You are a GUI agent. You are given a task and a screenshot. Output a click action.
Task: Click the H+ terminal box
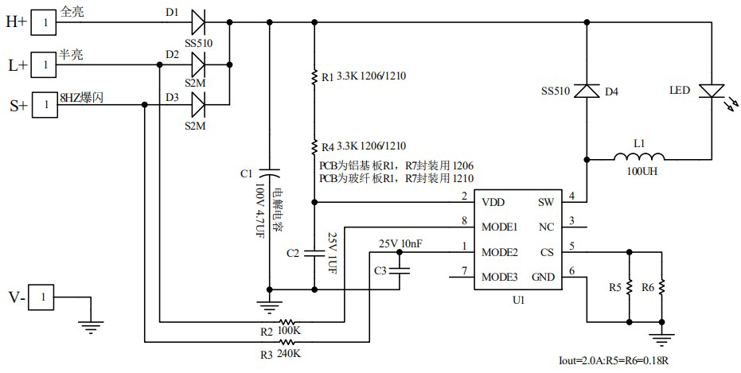pos(45,22)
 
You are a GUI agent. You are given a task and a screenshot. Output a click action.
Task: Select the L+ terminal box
pos(45,64)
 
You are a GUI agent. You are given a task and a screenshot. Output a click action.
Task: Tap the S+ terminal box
pos(45,104)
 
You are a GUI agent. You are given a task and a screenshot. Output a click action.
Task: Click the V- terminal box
pos(45,297)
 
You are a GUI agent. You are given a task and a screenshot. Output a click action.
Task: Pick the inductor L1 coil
pos(640,157)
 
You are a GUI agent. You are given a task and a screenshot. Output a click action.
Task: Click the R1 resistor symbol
pos(314,77)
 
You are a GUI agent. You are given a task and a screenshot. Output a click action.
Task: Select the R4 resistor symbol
pos(314,146)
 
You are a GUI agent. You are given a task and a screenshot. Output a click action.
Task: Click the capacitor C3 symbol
pos(399,270)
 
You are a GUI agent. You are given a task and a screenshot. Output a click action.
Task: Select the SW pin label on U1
pos(545,203)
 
